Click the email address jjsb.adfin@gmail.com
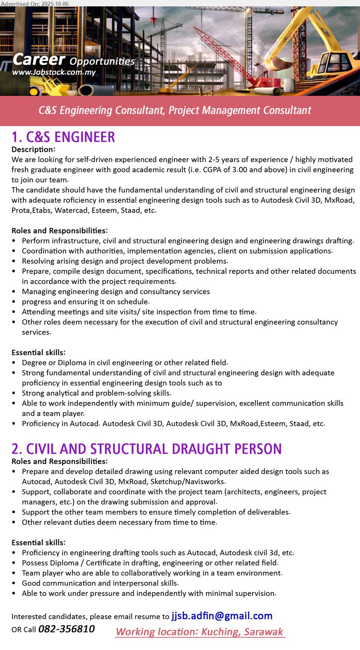(x=222, y=616)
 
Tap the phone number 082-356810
(x=66, y=629)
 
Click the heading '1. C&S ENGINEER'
(x=63, y=137)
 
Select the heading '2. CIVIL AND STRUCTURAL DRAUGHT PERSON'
(x=147, y=449)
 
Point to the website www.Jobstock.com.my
(x=54, y=72)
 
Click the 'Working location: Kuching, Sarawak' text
(x=199, y=632)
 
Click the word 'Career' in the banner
(x=39, y=59)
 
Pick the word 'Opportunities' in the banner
(x=102, y=61)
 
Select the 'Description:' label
(x=33, y=149)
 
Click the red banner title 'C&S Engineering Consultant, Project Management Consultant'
(x=174, y=111)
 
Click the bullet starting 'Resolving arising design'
(x=125, y=261)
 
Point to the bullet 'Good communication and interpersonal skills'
(x=100, y=583)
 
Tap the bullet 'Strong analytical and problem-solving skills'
(x=97, y=393)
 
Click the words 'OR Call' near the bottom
(x=24, y=630)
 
